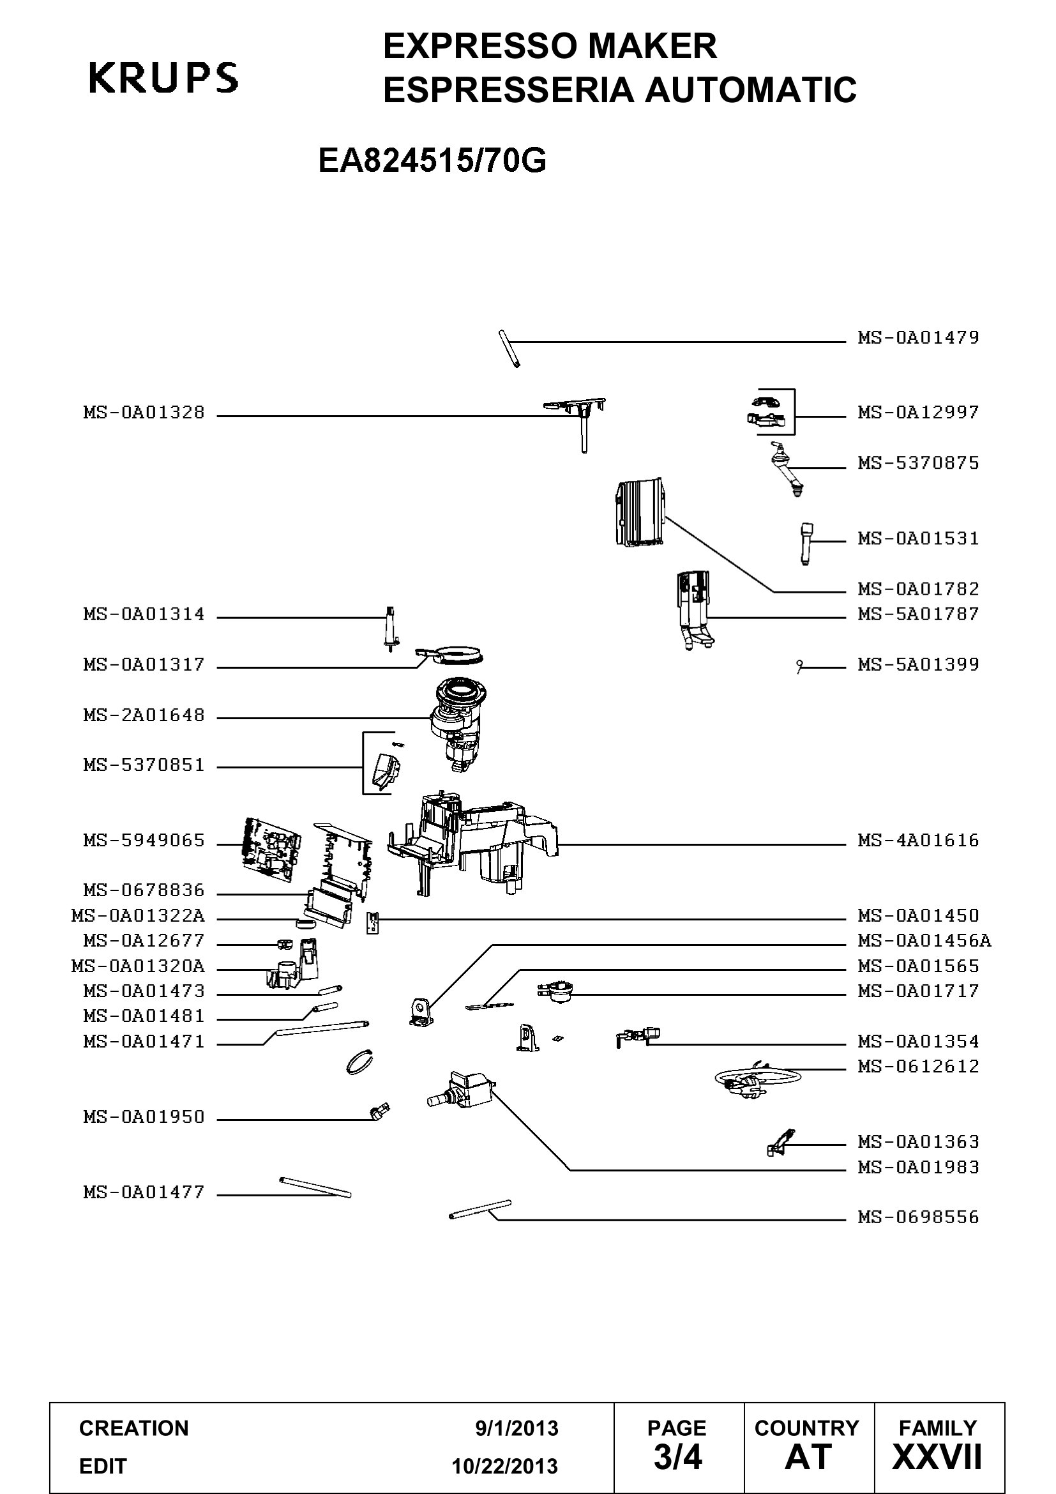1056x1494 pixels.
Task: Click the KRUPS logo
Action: pos(163,77)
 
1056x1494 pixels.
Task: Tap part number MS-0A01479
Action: pos(918,338)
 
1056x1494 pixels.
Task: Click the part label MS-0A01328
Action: pos(144,413)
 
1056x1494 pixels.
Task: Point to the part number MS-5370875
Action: pos(918,463)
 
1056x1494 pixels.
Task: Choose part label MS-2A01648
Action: pos(144,715)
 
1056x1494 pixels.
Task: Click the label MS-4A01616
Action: pos(918,840)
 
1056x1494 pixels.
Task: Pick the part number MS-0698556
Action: pos(918,1217)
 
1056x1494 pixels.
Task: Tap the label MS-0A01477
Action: pos(144,1192)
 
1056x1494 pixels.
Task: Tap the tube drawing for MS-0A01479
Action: pos(509,349)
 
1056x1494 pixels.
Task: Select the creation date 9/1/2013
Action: pos(517,1428)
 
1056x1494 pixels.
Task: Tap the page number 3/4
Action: pos(677,1457)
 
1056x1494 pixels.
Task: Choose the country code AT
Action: pos(808,1457)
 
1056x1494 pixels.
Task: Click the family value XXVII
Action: pos(937,1457)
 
